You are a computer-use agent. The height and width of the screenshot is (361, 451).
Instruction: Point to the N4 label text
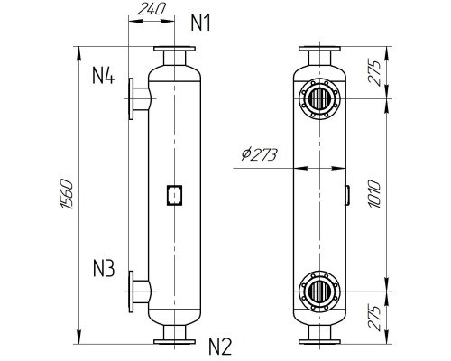click(104, 76)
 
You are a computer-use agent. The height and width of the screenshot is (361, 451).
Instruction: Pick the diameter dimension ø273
click(262, 154)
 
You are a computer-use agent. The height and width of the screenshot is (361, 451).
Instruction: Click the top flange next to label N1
click(173, 50)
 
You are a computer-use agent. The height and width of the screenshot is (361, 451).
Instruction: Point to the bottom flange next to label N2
click(173, 340)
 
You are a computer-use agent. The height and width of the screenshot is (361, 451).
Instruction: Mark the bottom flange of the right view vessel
click(321, 340)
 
